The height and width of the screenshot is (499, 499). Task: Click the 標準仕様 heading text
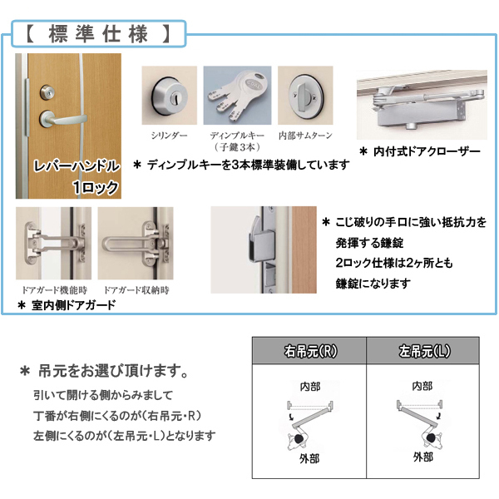coord(98,35)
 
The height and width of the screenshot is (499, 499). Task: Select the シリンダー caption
coord(169,134)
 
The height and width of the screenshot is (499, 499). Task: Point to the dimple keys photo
coord(237,96)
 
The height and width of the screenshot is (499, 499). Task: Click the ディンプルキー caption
coord(237,134)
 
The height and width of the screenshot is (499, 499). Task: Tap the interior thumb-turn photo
coord(305,96)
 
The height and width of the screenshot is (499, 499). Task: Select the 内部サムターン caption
coord(305,134)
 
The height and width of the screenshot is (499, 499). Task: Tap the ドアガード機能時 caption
coord(52,290)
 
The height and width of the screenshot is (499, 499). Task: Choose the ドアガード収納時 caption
coord(134,290)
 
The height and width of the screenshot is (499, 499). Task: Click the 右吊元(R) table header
coord(309,350)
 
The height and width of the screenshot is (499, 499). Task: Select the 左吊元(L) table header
coord(422,350)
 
